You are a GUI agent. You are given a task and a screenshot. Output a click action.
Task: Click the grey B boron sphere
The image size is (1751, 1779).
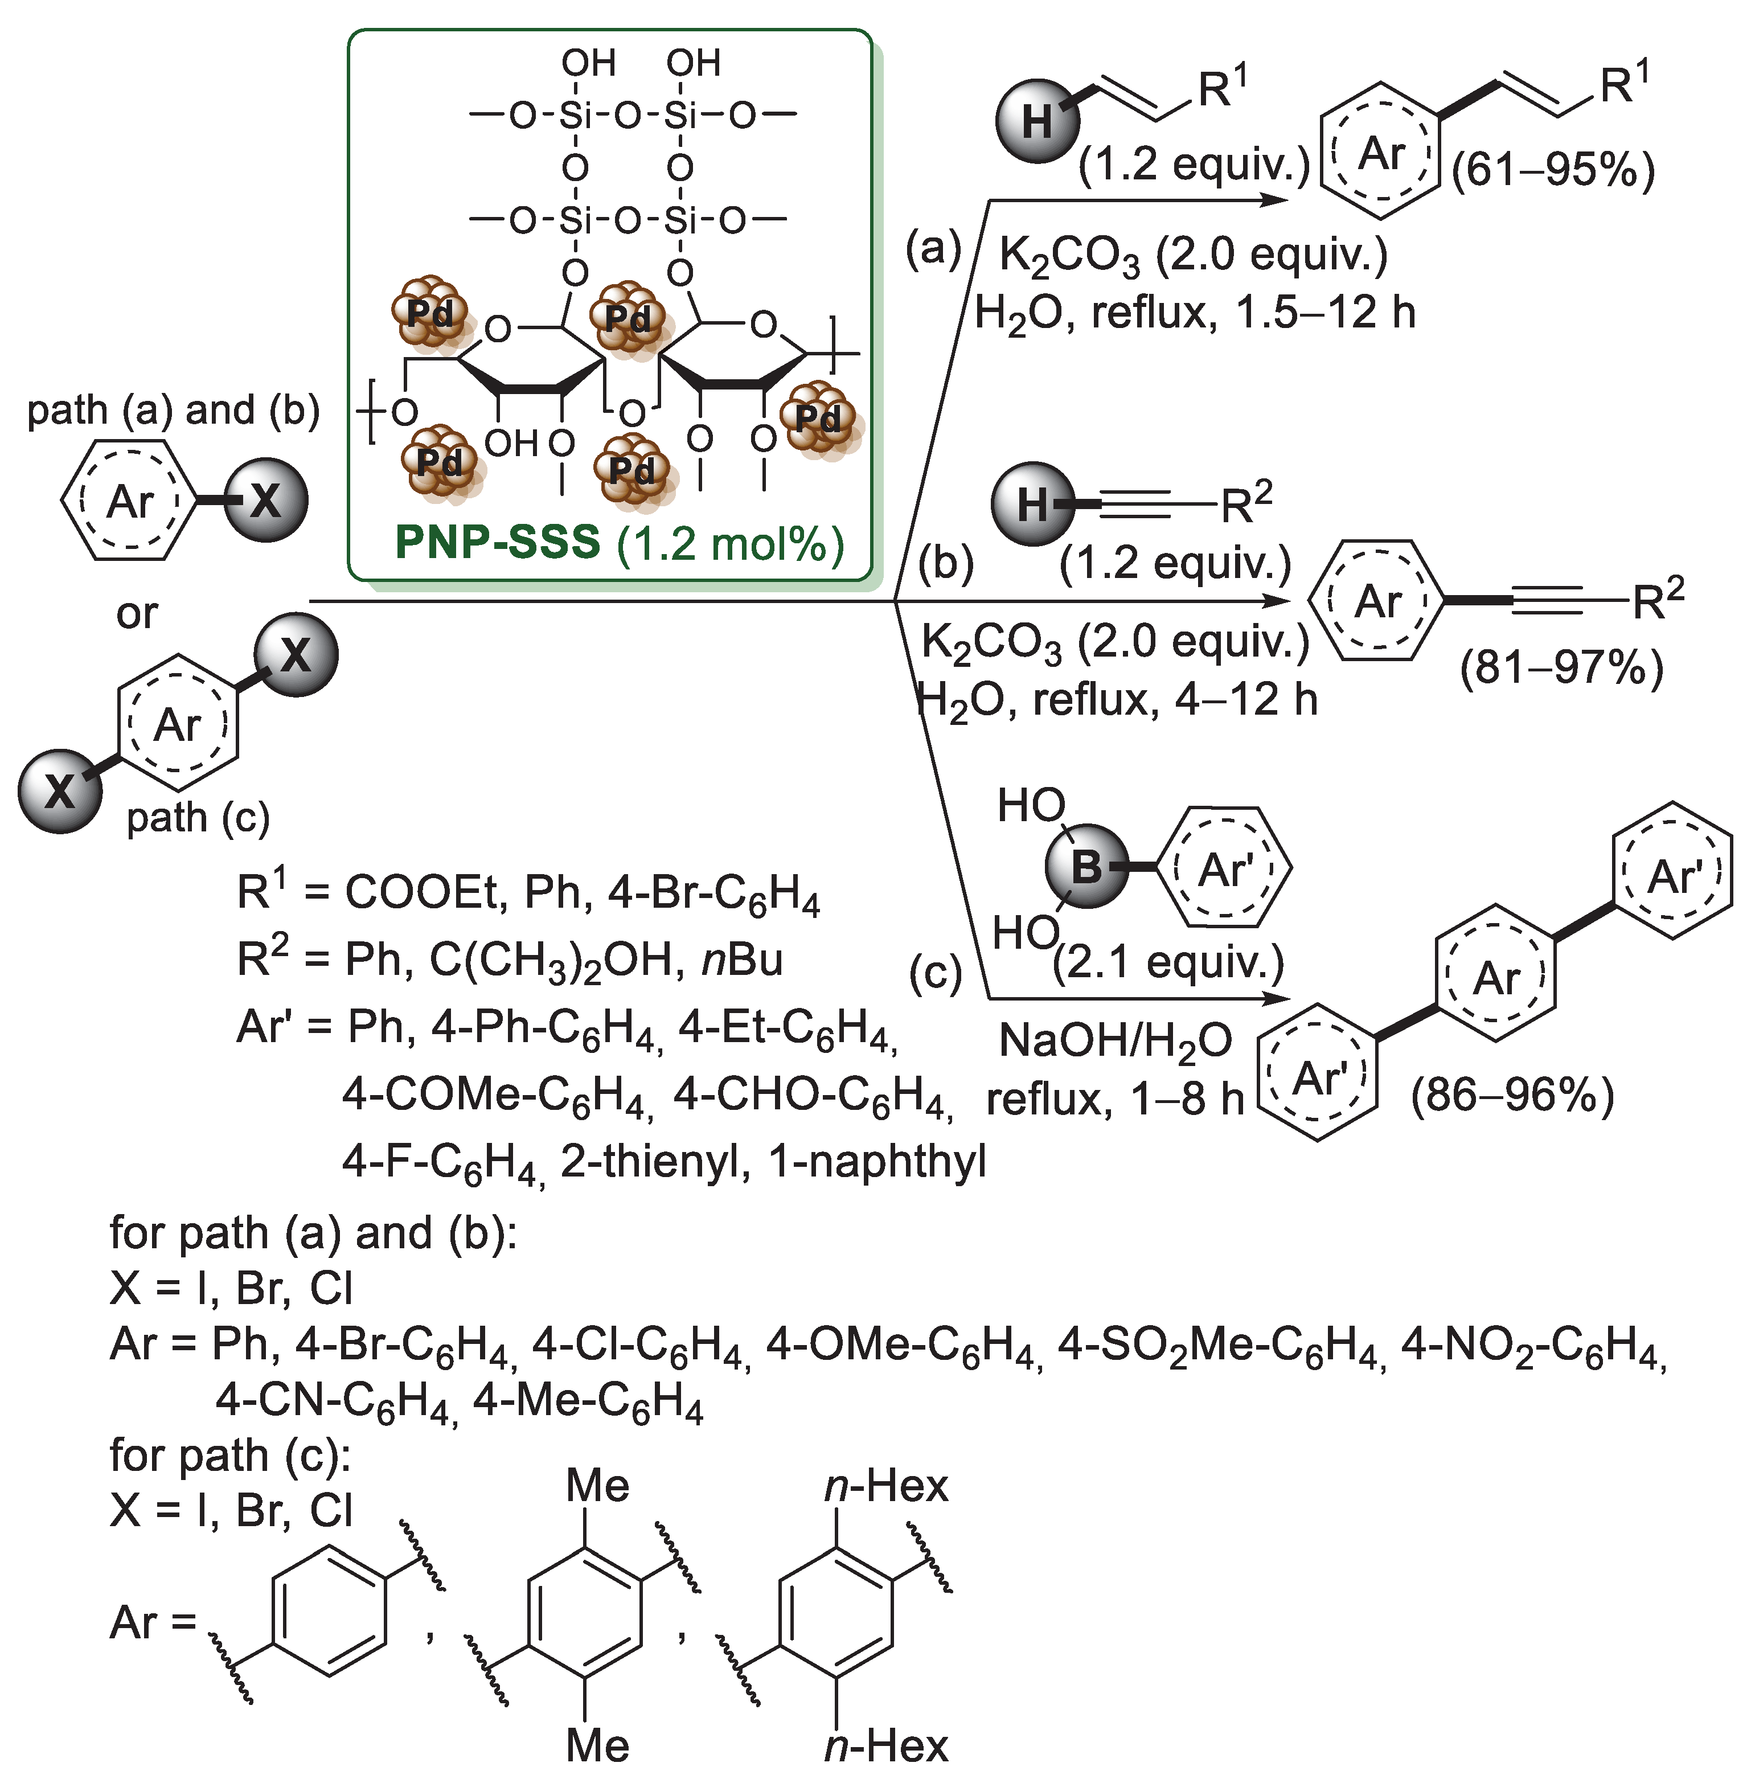[1086, 867]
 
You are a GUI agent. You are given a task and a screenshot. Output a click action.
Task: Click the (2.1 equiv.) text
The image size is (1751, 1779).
[1169, 962]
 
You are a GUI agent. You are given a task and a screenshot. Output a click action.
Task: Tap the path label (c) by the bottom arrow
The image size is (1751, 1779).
[935, 973]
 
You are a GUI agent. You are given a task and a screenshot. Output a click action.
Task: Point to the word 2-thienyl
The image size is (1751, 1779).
[649, 1162]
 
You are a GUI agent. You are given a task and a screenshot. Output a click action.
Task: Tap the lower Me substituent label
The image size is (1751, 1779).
[598, 1745]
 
